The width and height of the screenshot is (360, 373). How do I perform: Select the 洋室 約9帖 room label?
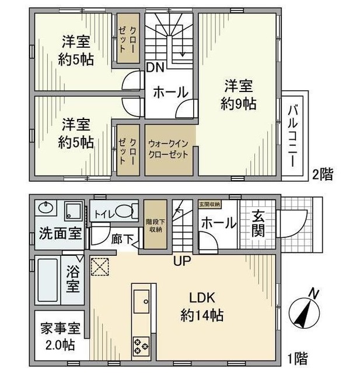pyautogui.click(x=238, y=96)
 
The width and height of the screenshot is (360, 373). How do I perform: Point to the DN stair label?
pyautogui.click(x=154, y=68)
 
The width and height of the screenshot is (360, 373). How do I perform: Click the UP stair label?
pyautogui.click(x=181, y=261)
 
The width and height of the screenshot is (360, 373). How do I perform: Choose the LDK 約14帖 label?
pyautogui.click(x=201, y=307)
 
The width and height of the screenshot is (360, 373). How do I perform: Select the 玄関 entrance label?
pyautogui.click(x=258, y=224)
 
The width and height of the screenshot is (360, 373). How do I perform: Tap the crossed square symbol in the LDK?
pyautogui.click(x=100, y=266)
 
